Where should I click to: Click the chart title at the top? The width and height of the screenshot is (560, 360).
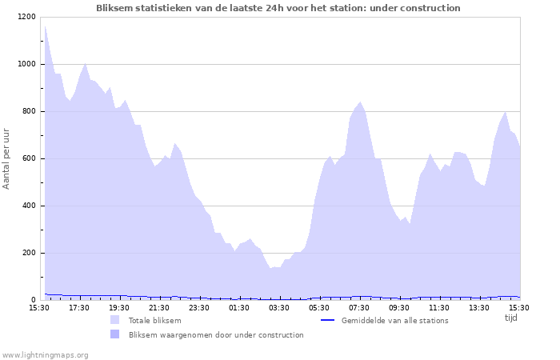pos(278,8)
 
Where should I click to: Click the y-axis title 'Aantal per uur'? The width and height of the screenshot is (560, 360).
pos(7,158)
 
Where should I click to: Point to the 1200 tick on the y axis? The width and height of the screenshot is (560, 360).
pos(26,17)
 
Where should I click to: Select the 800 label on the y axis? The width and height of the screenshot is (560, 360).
pos(28,111)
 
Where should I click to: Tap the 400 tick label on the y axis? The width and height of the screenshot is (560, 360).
pos(28,206)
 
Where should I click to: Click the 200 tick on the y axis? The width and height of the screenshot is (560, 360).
pos(28,253)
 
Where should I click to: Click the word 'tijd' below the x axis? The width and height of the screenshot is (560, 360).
pos(510,318)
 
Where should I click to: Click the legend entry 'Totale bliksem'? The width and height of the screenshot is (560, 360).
pos(154,321)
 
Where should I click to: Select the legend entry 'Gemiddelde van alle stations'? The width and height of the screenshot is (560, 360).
pos(394,321)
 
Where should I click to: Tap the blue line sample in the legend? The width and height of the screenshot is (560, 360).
pos(326,321)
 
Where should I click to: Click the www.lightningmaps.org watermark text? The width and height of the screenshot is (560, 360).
pos(45,354)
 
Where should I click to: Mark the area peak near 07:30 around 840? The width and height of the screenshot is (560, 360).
pos(360,102)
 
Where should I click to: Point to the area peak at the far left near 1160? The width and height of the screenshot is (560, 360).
pos(45,26)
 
